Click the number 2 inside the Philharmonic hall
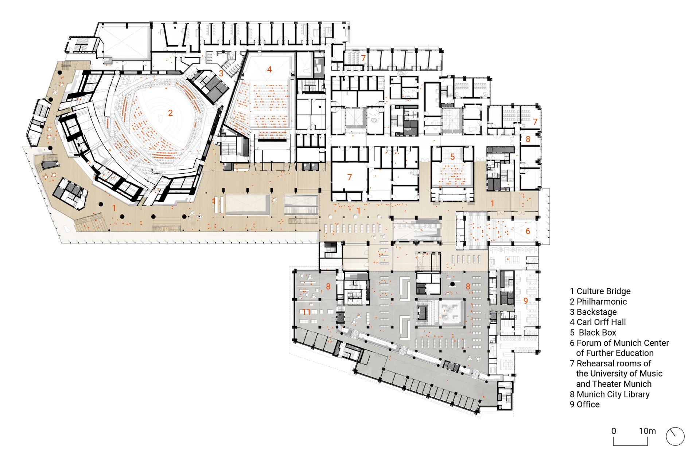pyautogui.click(x=170, y=113)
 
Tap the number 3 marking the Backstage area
pyautogui.click(x=221, y=73)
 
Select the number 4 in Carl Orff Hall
pyautogui.click(x=269, y=69)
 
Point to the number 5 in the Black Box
pyautogui.click(x=452, y=157)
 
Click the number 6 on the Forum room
pyautogui.click(x=528, y=231)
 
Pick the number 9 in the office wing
pyautogui.click(x=525, y=300)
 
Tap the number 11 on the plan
pyautogui.click(x=306, y=312)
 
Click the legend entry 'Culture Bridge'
pyautogui.click(x=603, y=291)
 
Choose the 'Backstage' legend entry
pyautogui.click(x=596, y=312)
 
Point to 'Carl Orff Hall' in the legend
pyautogui.click(x=601, y=322)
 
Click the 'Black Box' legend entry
pyautogui.click(x=598, y=333)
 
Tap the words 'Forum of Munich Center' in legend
pyautogui.click(x=623, y=343)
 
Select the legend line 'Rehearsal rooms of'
pyautogui.click(x=614, y=363)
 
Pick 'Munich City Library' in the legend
pyautogui.click(x=613, y=394)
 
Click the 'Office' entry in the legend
pyautogui.click(x=588, y=405)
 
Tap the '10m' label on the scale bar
pyautogui.click(x=647, y=431)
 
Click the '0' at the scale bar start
pyautogui.click(x=614, y=431)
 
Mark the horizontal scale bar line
pyautogui.click(x=630, y=445)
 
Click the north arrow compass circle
pyautogui.click(x=675, y=428)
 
